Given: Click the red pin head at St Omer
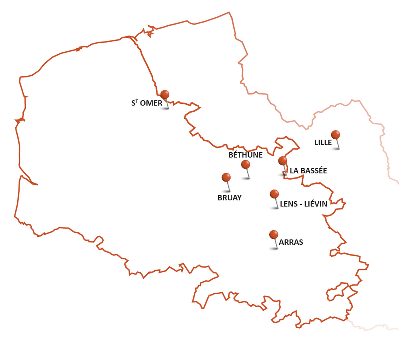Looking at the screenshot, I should click(165, 94).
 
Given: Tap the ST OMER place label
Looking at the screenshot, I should click(147, 103).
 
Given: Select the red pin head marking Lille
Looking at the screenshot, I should click(335, 135).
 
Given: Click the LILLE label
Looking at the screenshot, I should click(323, 143).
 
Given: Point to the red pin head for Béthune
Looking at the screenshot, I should click(245, 164).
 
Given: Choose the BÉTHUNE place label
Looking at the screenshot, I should click(245, 155).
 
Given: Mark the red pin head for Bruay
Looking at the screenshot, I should click(226, 177).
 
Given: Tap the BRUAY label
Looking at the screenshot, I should click(229, 198).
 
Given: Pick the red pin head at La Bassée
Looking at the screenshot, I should click(283, 161).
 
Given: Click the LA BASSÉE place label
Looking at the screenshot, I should click(308, 171).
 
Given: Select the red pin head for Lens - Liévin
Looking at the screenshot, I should click(274, 194).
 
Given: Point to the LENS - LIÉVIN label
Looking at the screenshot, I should click(303, 204).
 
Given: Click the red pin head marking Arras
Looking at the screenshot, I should click(274, 234).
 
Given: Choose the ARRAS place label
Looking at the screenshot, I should click(291, 243).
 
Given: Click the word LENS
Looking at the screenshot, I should click(288, 204).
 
